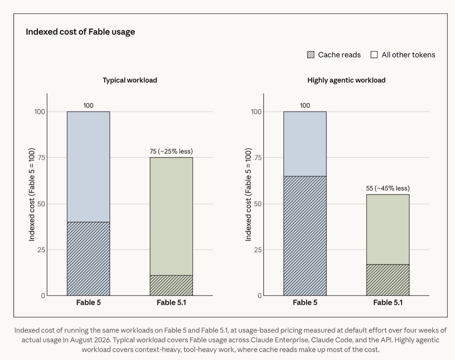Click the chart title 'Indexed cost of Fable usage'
80,32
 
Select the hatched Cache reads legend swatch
311,55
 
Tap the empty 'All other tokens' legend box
374,55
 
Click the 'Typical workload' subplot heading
130,80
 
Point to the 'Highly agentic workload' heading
346,80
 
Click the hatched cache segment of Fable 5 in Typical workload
89,259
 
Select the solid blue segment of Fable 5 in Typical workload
89,167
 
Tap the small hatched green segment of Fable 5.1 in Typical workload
171,286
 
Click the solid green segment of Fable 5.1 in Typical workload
171,216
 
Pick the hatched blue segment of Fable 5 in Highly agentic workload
305,236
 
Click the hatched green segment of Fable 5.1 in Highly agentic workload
388,280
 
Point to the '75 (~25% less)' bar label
171,151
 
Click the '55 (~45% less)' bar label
388,188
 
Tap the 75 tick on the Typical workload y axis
42,158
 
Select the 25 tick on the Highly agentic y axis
258,250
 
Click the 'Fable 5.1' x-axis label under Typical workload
171,302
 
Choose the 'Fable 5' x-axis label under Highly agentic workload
305,302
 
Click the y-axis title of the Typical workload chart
32,194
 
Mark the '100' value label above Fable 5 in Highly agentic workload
305,106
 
